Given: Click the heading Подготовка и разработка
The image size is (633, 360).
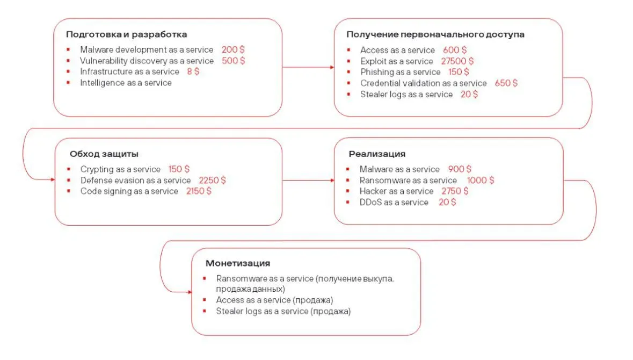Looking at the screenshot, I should pyautogui.click(x=126, y=34).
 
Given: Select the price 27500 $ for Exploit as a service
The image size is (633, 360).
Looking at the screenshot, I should pyautogui.click(x=457, y=61).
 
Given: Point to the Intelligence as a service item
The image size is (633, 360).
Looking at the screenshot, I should pyautogui.click(x=126, y=83).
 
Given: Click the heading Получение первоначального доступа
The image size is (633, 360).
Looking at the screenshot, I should pyautogui.click(x=435, y=34).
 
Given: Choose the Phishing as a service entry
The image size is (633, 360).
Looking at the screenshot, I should pyautogui.click(x=400, y=72).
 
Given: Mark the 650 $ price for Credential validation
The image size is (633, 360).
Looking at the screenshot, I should pyautogui.click(x=506, y=83).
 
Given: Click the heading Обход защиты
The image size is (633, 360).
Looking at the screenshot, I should pyautogui.click(x=104, y=154).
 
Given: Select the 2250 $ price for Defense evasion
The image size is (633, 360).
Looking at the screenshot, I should pyautogui.click(x=212, y=181).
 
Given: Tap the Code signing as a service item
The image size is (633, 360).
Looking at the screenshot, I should pyautogui.click(x=129, y=191).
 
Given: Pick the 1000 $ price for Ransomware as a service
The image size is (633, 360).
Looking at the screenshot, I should pyautogui.click(x=481, y=181).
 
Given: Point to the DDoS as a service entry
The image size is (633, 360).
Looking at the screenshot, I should pyautogui.click(x=394, y=203).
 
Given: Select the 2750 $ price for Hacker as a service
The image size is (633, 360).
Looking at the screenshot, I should pyautogui.click(x=455, y=191).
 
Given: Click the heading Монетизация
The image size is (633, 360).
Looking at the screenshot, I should pyautogui.click(x=237, y=263).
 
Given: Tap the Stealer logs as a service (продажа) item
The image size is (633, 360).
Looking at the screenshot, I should pyautogui.click(x=283, y=311).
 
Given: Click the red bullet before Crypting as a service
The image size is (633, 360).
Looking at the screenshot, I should pyautogui.click(x=69, y=169).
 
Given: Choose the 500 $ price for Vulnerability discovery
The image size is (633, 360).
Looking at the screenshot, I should pyautogui.click(x=233, y=61).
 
